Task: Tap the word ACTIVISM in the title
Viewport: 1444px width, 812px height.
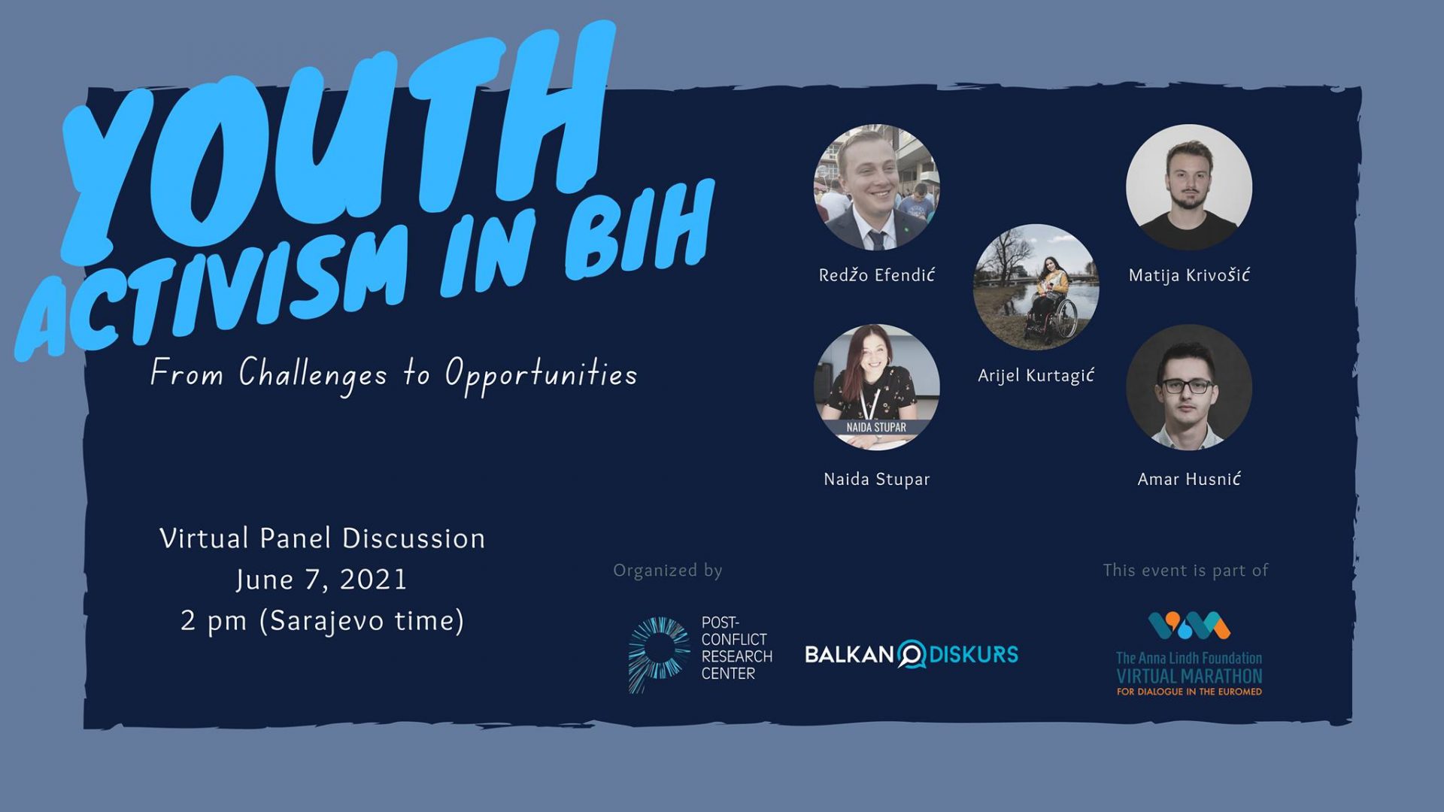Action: coord(214,289)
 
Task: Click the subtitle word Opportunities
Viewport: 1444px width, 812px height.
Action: coord(541,374)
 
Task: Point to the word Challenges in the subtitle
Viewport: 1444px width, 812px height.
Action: coord(313,374)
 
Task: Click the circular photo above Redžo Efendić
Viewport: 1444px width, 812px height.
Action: coord(877,187)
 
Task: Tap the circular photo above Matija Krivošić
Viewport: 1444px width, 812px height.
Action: coord(1189,187)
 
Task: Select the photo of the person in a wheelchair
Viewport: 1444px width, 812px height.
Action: coord(1036,287)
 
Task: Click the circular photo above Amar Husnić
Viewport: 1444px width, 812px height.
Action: coord(1189,387)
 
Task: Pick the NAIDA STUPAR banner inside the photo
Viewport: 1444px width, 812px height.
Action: coord(876,427)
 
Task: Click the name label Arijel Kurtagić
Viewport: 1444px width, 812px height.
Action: coord(1036,375)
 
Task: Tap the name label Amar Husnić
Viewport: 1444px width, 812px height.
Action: coord(1189,479)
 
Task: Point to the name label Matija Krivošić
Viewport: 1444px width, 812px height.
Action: coord(1189,275)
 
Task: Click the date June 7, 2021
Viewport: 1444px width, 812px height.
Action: coord(321,580)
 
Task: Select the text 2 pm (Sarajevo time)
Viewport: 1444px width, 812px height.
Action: coord(322,621)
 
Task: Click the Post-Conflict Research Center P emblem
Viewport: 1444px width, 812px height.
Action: coord(659,654)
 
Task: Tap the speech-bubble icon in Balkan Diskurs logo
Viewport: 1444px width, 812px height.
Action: coord(912,654)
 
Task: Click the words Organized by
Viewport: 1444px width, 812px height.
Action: coord(668,571)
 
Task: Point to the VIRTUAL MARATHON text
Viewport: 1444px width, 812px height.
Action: coord(1189,676)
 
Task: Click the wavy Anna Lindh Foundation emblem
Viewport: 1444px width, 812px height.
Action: coord(1189,626)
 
